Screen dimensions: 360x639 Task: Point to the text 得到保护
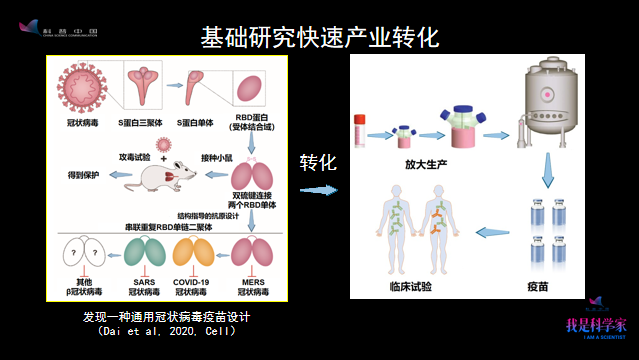(x=82, y=176)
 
